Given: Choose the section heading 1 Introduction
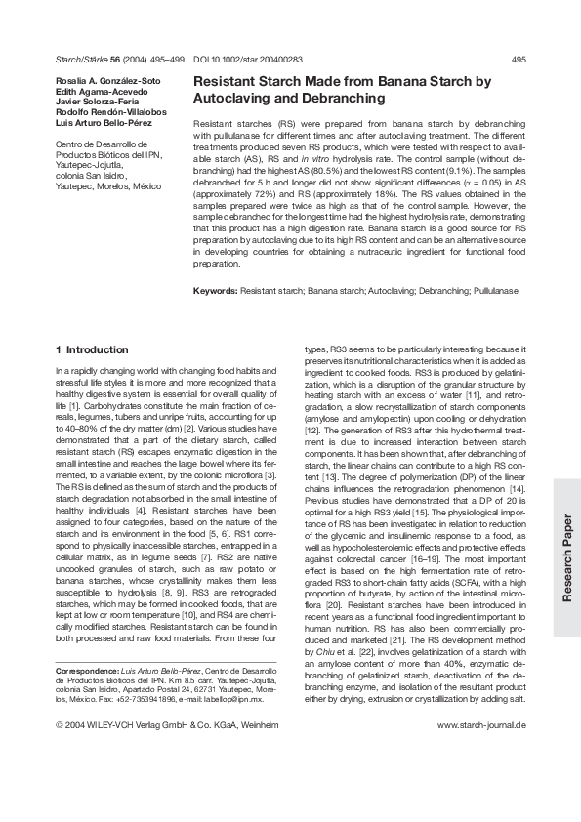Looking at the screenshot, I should (92, 349).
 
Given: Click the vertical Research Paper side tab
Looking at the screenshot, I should (566, 561).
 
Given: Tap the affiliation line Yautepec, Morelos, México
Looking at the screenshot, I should (108, 185).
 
